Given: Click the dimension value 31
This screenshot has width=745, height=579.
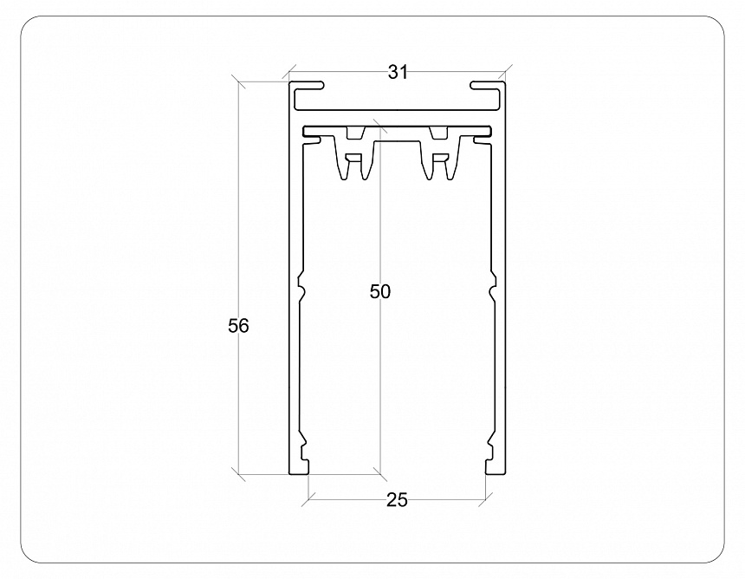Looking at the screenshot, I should click(398, 73).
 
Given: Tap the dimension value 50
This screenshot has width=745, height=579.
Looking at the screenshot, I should click(380, 291).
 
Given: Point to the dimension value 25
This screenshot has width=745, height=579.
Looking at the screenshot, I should click(397, 500).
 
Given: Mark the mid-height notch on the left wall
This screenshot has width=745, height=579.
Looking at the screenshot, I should click(301, 286).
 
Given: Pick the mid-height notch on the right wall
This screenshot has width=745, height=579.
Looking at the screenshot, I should click(492, 286).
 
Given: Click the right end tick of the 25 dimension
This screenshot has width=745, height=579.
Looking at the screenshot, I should click(483, 499).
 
